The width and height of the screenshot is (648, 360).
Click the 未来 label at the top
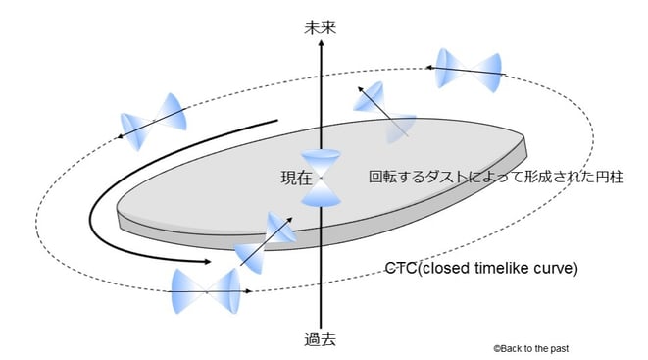322,27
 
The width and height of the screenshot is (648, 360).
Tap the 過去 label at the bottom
321,339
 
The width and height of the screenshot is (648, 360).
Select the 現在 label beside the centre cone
296,179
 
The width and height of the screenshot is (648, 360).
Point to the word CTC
402,268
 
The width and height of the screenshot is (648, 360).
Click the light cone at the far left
155,117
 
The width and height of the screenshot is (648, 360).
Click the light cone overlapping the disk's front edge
265,239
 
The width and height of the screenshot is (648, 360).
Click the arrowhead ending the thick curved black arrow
207,262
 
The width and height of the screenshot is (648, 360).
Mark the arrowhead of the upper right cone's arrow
428,66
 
